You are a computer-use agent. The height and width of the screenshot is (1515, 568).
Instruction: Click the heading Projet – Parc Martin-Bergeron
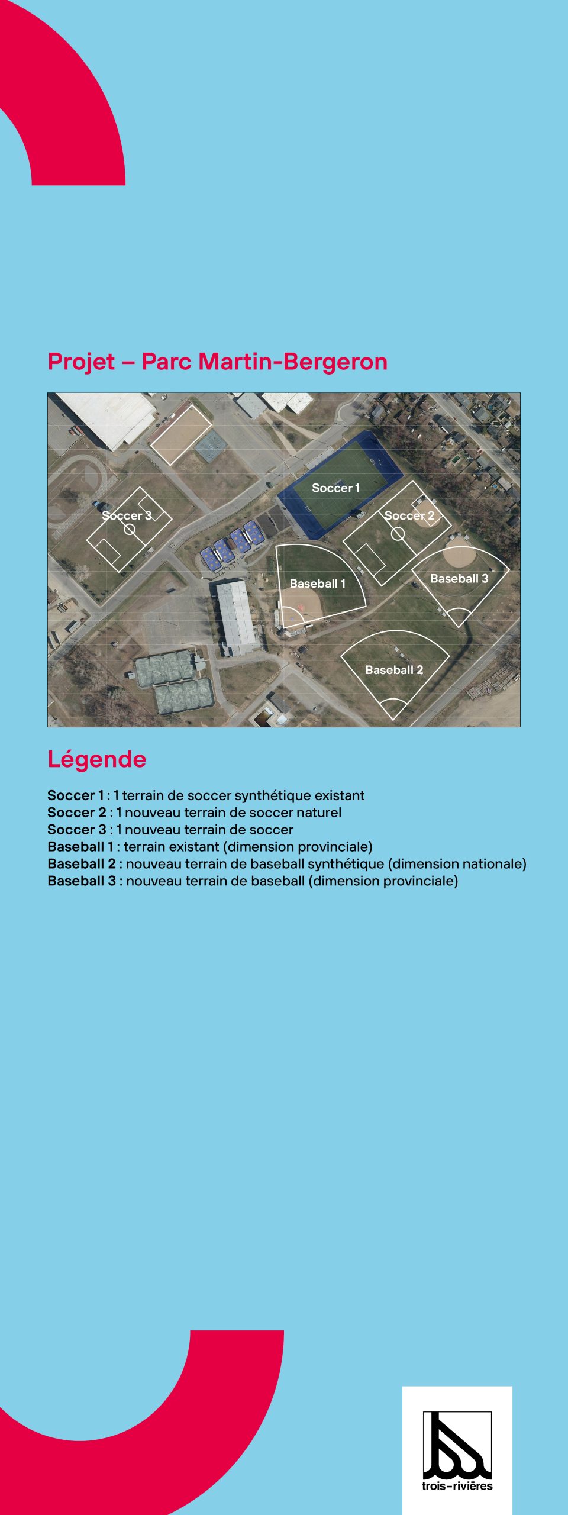click(217, 362)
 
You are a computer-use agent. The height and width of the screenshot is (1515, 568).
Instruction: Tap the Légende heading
click(96, 759)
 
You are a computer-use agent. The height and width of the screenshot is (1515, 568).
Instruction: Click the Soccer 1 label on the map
click(335, 488)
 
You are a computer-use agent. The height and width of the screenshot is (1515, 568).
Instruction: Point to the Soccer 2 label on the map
click(409, 515)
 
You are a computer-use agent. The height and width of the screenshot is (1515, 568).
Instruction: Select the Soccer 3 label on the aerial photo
click(127, 515)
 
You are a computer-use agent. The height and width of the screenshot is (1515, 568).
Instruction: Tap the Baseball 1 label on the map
click(317, 584)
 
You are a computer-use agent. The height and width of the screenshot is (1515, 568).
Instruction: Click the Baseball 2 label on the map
click(394, 670)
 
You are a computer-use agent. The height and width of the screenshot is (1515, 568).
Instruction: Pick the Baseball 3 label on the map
click(459, 579)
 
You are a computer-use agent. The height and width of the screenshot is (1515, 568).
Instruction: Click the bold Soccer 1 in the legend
click(75, 795)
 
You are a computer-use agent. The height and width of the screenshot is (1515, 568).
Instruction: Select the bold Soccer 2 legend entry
click(77, 813)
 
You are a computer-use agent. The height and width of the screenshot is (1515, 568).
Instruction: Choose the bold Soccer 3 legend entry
click(77, 830)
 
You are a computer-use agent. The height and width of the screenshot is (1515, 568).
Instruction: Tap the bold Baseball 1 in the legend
click(80, 847)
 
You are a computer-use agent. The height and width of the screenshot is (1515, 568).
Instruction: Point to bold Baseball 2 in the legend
click(82, 864)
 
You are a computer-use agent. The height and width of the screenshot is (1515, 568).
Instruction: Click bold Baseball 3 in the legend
click(82, 881)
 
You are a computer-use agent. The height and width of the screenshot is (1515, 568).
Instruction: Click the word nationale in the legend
click(494, 864)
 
